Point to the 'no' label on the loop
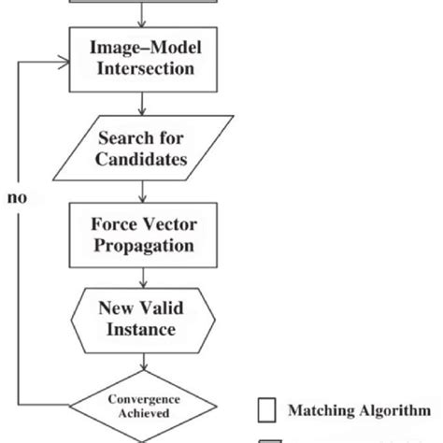click(x=16, y=198)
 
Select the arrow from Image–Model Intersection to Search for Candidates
click(x=143, y=106)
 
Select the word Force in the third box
click(x=113, y=224)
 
